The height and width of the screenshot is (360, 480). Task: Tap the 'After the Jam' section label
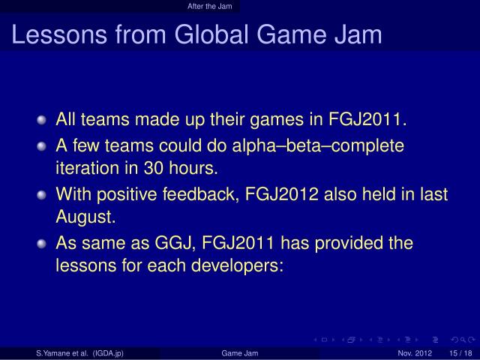tap(209, 6)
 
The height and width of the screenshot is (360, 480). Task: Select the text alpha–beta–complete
tap(331, 145)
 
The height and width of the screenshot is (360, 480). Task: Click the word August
tap(85, 218)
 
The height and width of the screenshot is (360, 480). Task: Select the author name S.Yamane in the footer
tap(58, 353)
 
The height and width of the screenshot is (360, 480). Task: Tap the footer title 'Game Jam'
tap(240, 353)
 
